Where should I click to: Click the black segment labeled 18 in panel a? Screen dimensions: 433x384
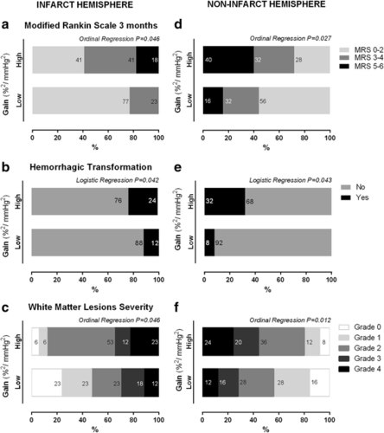pos(147,60)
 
